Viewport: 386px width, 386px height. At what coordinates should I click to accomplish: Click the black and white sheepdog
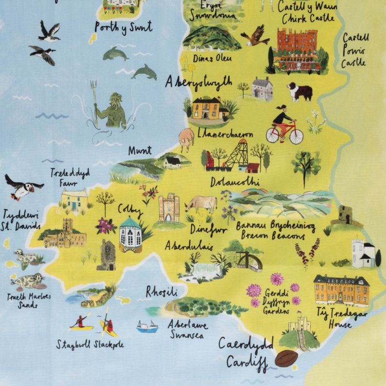click(299, 91)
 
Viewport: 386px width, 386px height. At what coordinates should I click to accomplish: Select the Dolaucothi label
click(235, 182)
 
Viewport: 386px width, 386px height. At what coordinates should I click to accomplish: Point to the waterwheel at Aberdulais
click(250, 260)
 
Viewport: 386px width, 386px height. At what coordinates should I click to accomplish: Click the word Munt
click(140, 150)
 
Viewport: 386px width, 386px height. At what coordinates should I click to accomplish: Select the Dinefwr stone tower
click(169, 207)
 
